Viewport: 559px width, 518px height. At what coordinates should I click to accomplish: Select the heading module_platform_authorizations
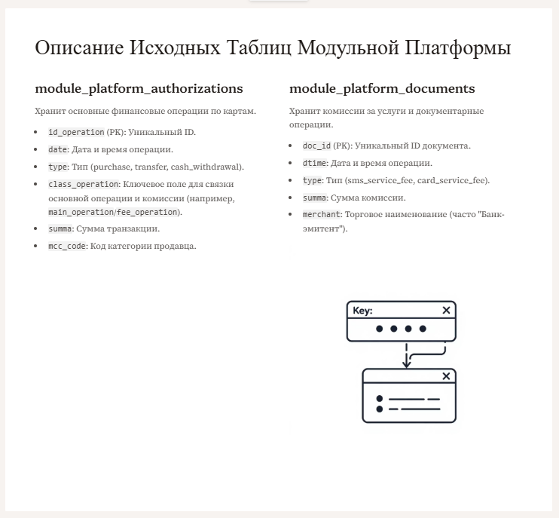click(x=139, y=88)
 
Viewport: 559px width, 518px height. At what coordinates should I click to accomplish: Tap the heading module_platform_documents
click(x=382, y=88)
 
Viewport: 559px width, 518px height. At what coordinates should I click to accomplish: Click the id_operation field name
click(x=76, y=132)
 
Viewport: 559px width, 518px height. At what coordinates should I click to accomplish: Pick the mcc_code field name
click(x=67, y=246)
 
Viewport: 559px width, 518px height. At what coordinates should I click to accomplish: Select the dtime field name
click(x=315, y=163)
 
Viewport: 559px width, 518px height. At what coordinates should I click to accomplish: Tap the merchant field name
click(x=322, y=215)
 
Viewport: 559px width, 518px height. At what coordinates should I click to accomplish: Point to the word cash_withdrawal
click(x=210, y=167)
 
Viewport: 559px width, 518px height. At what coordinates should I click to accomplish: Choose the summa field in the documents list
click(x=314, y=198)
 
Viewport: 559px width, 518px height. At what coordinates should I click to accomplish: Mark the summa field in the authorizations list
click(x=60, y=228)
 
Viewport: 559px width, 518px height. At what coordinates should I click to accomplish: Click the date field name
click(x=58, y=149)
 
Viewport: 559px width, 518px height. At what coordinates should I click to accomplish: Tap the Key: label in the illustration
click(x=362, y=310)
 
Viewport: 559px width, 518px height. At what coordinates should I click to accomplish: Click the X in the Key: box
click(x=446, y=310)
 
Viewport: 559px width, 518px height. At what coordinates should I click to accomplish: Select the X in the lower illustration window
click(x=446, y=376)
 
